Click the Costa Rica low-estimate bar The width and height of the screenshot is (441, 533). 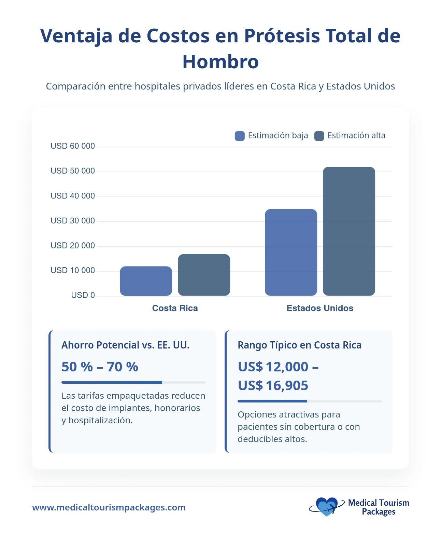(146, 281)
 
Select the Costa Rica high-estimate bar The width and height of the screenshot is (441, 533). (204, 275)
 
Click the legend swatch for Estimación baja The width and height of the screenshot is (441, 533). (240, 136)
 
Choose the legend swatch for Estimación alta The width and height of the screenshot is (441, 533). (319, 136)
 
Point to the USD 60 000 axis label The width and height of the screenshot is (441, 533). (73, 146)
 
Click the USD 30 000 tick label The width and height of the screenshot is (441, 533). (73, 221)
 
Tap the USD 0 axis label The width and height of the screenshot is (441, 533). (83, 295)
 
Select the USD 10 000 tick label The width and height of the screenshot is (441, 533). (73, 271)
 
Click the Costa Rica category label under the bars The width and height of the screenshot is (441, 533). (175, 308)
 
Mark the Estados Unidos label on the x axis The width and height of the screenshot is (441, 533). (320, 308)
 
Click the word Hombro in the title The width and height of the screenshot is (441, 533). (220, 62)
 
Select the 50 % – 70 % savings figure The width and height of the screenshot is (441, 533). (100, 367)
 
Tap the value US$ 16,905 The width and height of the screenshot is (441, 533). (273, 386)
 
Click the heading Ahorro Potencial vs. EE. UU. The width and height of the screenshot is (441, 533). (125, 345)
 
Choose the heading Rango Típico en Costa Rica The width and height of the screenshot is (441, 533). (299, 345)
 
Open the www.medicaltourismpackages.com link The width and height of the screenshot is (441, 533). (109, 507)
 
